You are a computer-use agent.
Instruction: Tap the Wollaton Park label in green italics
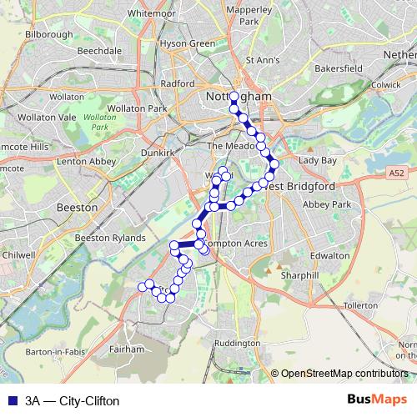98,123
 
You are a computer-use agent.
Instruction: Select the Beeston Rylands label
110,239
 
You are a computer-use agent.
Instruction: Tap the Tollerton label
360,305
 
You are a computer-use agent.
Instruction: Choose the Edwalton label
329,255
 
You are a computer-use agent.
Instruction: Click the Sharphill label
299,274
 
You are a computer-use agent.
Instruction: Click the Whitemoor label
152,13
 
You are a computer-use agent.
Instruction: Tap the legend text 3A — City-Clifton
72,400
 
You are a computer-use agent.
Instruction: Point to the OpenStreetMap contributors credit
343,374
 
